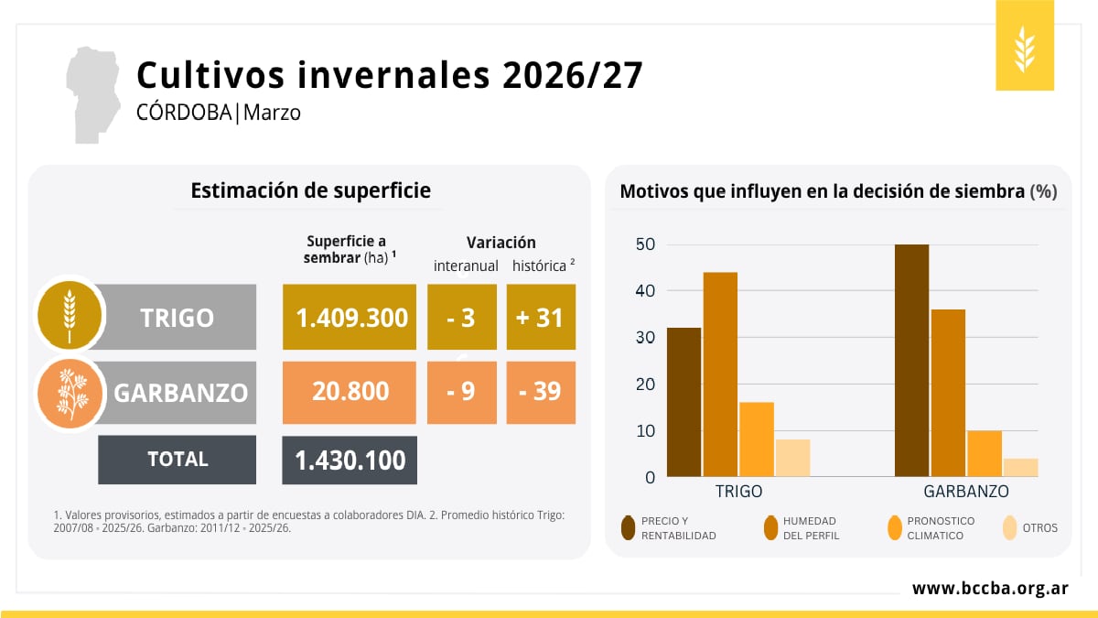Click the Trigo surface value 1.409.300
351,317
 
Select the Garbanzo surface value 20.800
351,392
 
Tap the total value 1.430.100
350,460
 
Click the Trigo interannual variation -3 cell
462,317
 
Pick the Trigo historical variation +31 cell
541,317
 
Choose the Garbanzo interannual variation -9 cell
462,392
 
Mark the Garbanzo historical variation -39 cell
541,392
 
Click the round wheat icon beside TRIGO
69,315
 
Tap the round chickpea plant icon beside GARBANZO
69,392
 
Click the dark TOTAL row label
178,460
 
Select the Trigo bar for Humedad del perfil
720,374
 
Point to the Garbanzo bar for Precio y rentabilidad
911,361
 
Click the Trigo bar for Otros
792,458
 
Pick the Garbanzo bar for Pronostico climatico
985,453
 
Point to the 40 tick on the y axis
647,291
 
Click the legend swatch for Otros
1009,527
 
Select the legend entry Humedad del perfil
811,528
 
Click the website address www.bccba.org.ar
990,589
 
